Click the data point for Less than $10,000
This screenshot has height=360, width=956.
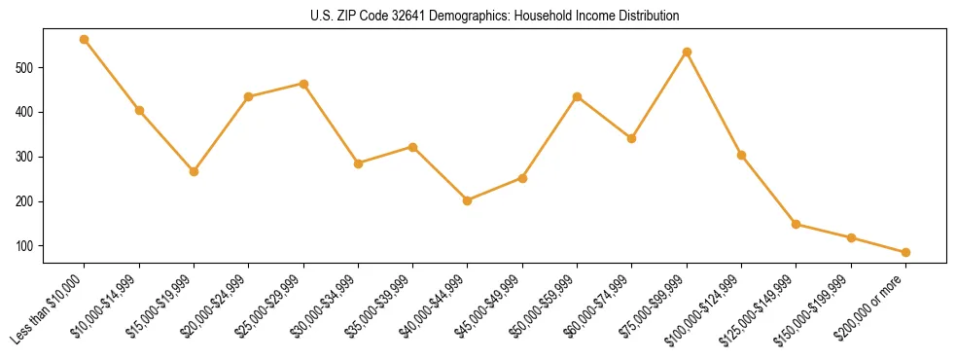(x=85, y=40)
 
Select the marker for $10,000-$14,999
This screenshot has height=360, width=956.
(x=139, y=111)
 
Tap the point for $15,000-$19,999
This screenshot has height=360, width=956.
(x=194, y=171)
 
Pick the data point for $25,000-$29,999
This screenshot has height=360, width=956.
(x=303, y=84)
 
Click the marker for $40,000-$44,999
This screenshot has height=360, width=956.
(x=468, y=200)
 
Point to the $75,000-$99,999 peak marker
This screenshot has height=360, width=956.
(x=687, y=52)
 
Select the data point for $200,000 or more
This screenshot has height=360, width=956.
(x=905, y=252)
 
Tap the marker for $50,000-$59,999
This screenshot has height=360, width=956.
(x=578, y=96)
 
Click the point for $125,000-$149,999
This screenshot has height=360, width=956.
(x=797, y=224)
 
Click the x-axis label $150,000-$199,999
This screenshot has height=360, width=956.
(x=818, y=308)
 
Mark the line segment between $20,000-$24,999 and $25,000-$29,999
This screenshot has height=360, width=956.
(x=276, y=90)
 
